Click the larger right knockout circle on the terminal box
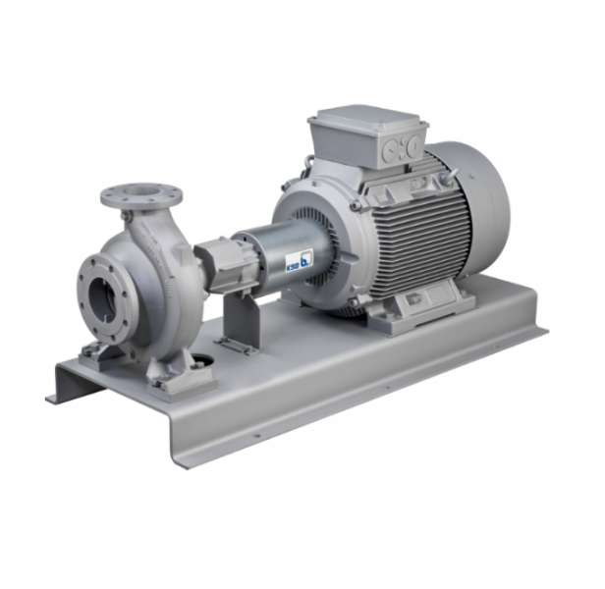coord(413,144)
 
